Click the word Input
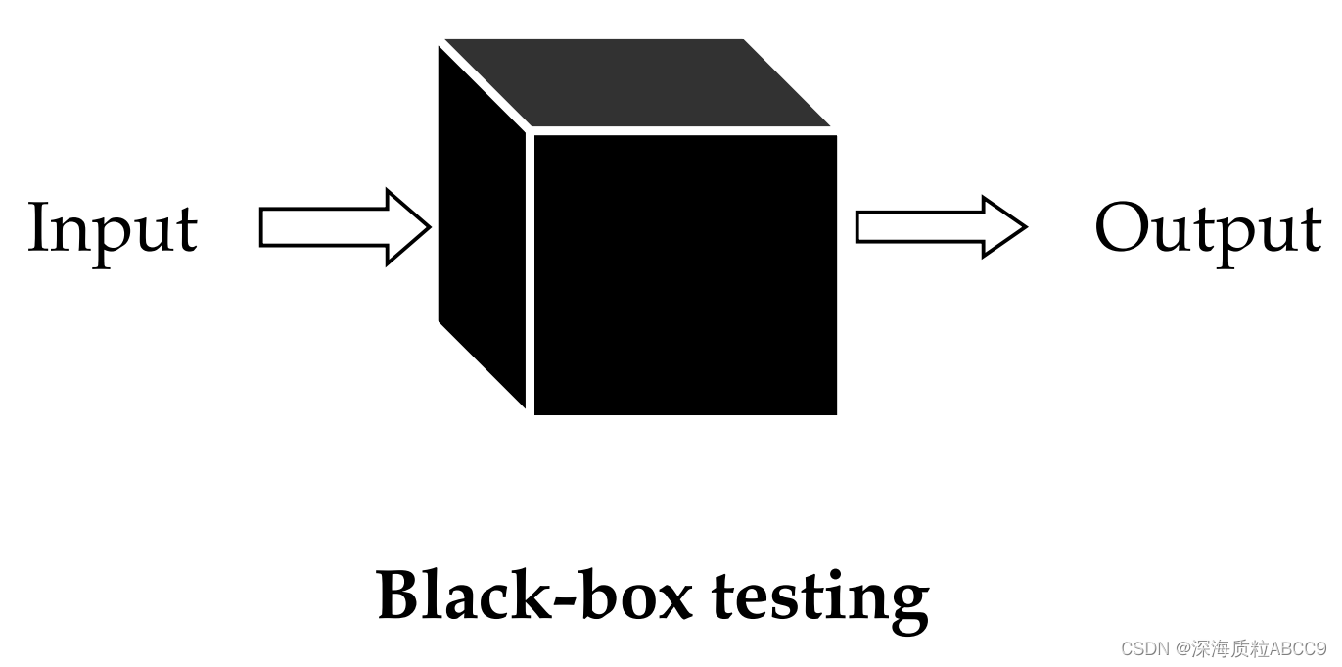click(x=113, y=229)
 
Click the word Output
click(x=1208, y=229)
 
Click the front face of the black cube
click(x=685, y=274)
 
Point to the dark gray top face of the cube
click(x=636, y=83)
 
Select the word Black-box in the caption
click(x=534, y=595)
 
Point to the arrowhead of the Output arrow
click(x=1004, y=227)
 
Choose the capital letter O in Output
click(x=1124, y=227)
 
